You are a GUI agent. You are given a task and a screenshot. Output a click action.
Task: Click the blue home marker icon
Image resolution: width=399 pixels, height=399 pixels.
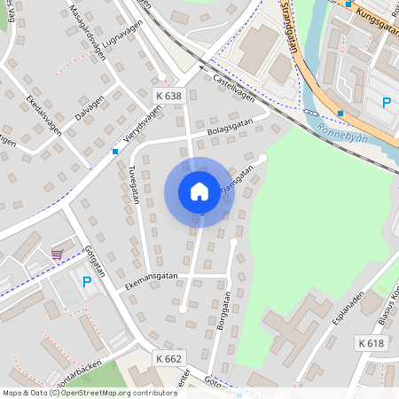[199, 192]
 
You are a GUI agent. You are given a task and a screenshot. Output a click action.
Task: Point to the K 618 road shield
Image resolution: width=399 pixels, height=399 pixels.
[372, 343]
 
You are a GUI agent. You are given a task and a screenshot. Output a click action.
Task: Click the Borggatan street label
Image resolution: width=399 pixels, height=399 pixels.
[221, 312]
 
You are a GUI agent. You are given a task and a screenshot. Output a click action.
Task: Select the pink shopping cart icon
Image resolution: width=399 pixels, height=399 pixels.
[58, 254]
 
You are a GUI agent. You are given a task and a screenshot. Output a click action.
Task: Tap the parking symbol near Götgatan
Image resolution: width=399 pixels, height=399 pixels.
[86, 283]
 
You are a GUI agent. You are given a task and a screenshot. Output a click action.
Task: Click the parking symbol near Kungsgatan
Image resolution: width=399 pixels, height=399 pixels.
[386, 103]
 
